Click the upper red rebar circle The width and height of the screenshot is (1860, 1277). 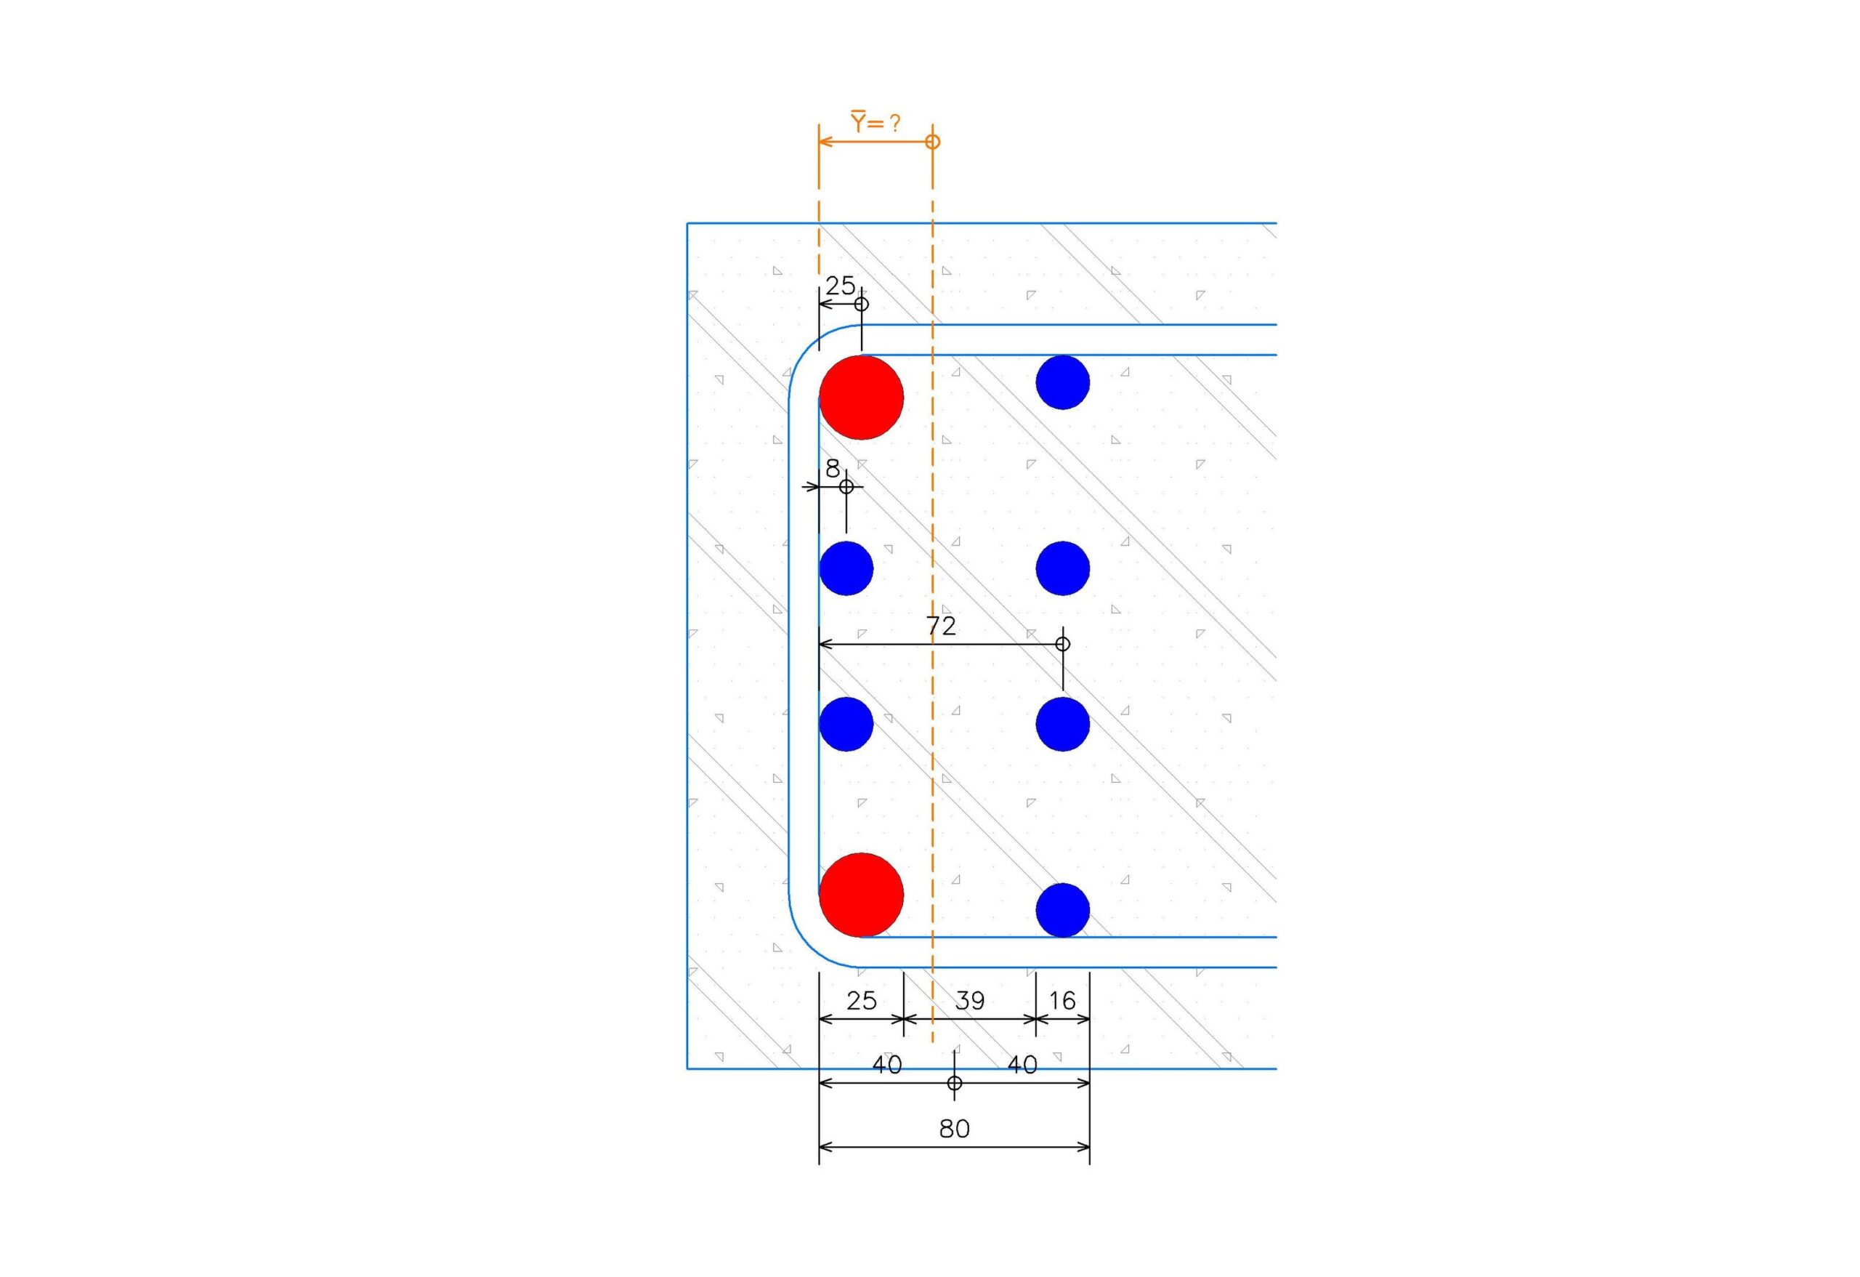pyautogui.click(x=861, y=398)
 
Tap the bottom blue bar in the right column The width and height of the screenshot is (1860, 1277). pyautogui.click(x=1063, y=910)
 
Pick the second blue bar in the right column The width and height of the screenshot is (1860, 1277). pyautogui.click(x=1063, y=568)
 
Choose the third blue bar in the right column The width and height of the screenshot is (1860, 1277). pyautogui.click(x=1063, y=725)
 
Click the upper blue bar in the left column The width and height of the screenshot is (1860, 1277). pyautogui.click(x=846, y=568)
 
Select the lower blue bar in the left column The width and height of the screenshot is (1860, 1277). pyautogui.click(x=846, y=725)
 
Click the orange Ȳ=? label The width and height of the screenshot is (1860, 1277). pyautogui.click(x=875, y=123)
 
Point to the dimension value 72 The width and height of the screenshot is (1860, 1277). pyautogui.click(x=941, y=626)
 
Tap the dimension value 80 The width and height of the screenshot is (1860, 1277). pyautogui.click(x=954, y=1129)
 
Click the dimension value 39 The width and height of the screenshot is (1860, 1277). pyautogui.click(x=969, y=1001)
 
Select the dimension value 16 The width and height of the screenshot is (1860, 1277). pyautogui.click(x=1062, y=1001)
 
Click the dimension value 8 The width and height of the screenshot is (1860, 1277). pyautogui.click(x=833, y=468)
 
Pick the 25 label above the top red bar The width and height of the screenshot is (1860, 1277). pyautogui.click(x=841, y=285)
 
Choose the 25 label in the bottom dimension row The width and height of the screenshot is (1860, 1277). pyautogui.click(x=861, y=1001)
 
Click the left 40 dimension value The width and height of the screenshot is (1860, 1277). pyautogui.click(x=887, y=1065)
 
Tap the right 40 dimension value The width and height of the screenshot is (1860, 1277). pyautogui.click(x=1022, y=1065)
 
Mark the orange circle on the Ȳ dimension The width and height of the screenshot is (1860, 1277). pyautogui.click(x=932, y=142)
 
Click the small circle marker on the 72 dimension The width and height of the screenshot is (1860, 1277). pyautogui.click(x=1063, y=644)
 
